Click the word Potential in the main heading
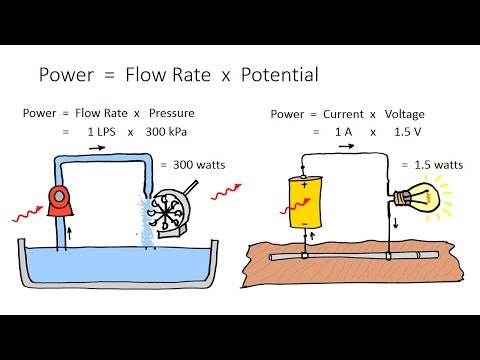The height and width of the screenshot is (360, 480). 280,74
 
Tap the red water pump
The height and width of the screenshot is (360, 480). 60,201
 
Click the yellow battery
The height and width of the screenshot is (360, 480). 305,202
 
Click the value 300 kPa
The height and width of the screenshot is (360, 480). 166,132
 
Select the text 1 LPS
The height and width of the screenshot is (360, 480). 101,132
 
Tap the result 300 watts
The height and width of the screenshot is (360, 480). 199,165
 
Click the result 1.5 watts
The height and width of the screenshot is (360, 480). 439,165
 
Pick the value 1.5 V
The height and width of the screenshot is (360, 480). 407,132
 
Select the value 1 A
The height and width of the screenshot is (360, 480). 343,132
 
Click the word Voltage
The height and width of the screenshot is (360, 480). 405,114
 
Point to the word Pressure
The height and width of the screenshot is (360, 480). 172,113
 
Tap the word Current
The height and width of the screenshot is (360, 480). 343,114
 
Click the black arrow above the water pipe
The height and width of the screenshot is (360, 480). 97,148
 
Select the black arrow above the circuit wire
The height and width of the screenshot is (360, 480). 346,146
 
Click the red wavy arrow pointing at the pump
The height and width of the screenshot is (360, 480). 28,214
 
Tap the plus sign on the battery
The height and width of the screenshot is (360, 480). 304,184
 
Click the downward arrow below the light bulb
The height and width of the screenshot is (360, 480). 396,223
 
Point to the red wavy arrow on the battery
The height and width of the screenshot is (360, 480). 296,206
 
